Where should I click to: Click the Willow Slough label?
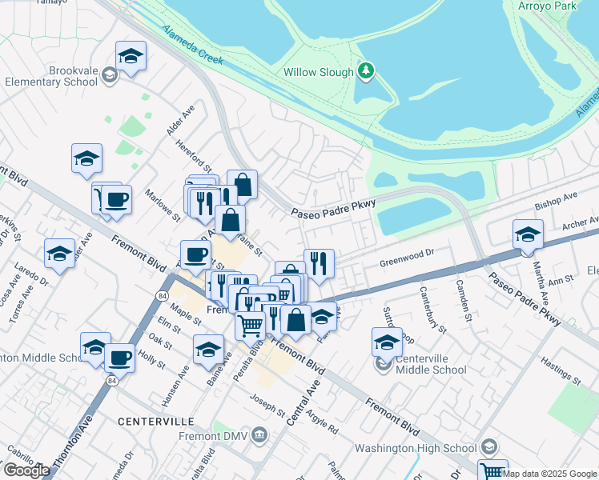[x=318, y=72]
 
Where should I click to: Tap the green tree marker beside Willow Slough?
[x=366, y=72]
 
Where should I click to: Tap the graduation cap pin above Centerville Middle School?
[x=387, y=342]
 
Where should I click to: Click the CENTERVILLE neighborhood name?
[x=155, y=421]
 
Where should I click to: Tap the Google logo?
[x=26, y=470]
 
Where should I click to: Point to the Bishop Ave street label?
[x=557, y=198]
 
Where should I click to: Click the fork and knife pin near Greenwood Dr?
[x=319, y=263]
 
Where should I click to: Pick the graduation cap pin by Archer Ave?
[x=528, y=234]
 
